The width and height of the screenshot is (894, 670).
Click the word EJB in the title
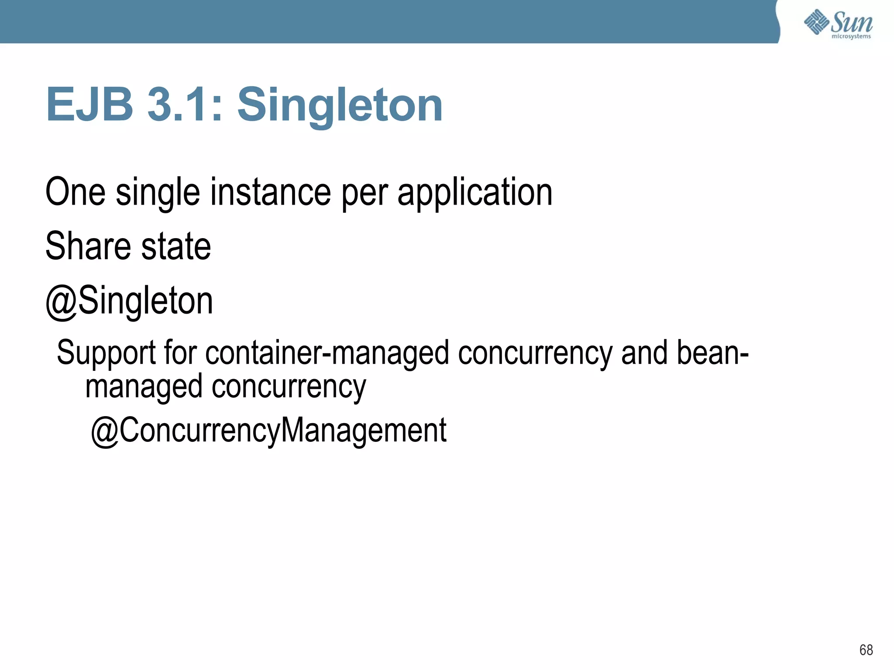[89, 105]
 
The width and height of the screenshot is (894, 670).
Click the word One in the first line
[75, 192]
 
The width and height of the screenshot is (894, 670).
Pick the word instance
[271, 192]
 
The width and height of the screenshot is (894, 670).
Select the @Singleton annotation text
[129, 302]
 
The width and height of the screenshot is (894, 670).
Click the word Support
[106, 353]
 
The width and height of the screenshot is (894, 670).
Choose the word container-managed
[327, 353]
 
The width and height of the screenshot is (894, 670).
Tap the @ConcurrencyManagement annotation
[268, 431]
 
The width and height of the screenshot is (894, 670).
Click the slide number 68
[866, 650]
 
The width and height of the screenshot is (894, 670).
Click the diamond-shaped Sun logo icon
[816, 22]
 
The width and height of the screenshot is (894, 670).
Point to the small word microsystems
[851, 37]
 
